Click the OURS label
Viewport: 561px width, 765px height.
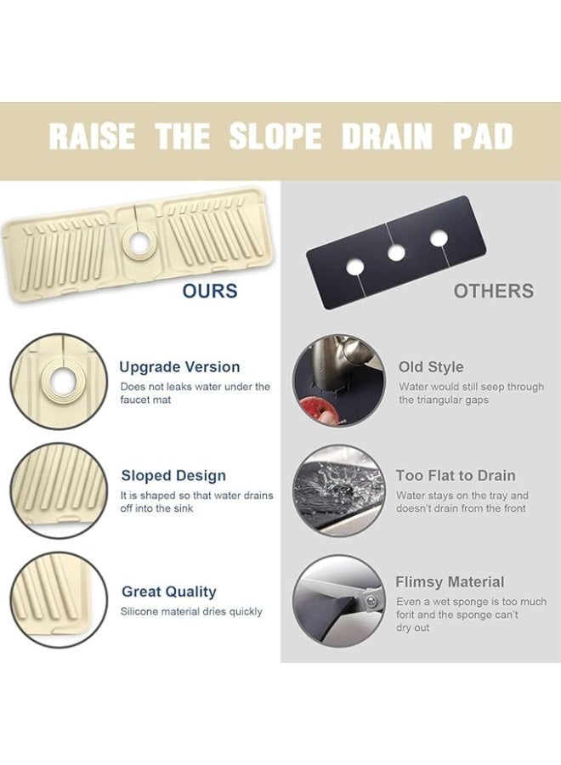[x=209, y=292]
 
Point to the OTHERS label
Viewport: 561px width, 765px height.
[x=493, y=292]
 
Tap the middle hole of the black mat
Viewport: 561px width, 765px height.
[x=395, y=252]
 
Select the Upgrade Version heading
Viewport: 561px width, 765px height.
[x=179, y=367]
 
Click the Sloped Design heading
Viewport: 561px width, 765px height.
[x=173, y=476]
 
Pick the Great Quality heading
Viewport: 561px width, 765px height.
[x=169, y=592]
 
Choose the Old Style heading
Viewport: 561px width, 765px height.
[x=431, y=367]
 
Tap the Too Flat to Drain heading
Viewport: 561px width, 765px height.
[x=456, y=476]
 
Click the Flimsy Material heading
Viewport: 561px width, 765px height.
[x=450, y=582]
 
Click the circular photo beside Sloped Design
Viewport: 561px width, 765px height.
[x=59, y=490]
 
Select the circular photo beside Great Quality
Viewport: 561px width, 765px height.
[x=59, y=600]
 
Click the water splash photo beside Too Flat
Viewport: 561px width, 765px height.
[x=338, y=490]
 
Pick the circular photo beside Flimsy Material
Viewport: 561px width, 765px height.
[x=338, y=601]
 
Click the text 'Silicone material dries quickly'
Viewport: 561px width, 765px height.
[x=191, y=612]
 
